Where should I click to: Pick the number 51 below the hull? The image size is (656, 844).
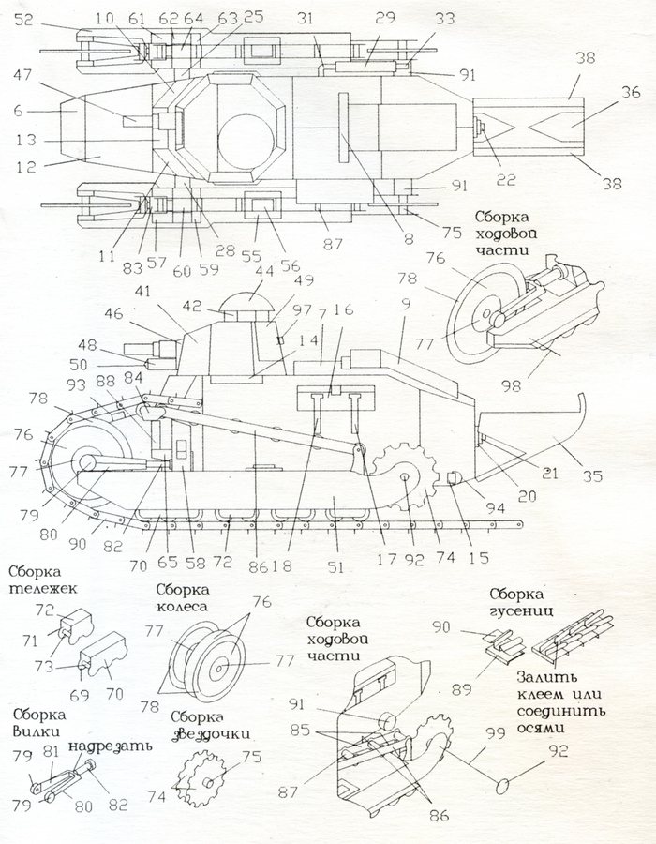(x=335, y=567)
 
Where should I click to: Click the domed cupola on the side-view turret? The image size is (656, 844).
(x=242, y=306)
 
